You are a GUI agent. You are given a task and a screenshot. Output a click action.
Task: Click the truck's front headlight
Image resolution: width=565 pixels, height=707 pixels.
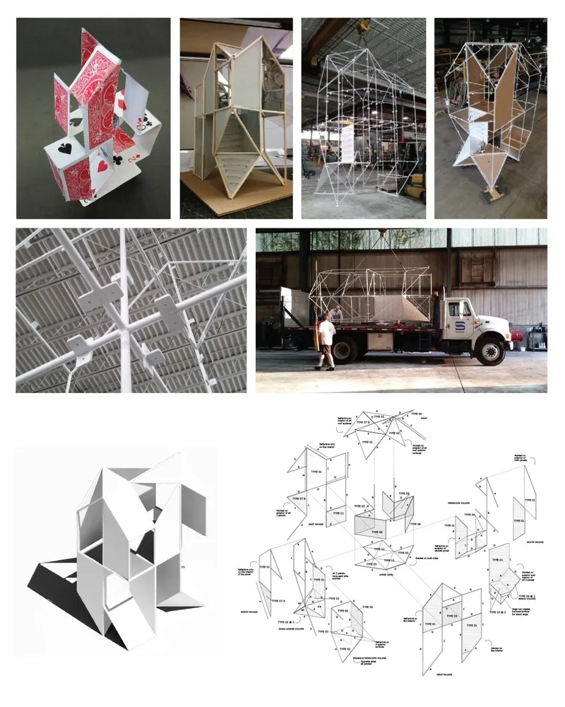tap(507, 332)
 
